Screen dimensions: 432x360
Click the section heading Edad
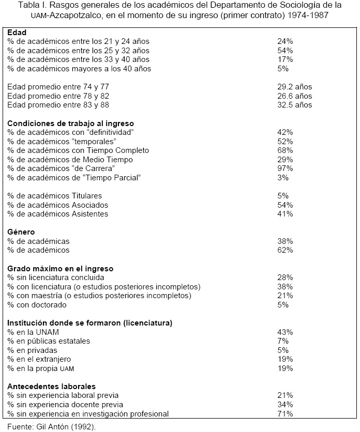pos(17,33)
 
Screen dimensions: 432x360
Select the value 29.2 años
pos(294,87)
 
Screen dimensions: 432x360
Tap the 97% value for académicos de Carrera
pos(285,168)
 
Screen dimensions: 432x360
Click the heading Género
pos(21,232)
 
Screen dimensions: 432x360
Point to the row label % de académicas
pos(38,241)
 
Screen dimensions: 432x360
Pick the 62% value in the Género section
pos(285,250)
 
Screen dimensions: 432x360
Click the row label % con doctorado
pos(37,305)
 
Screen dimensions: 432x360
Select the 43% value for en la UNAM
pos(285,332)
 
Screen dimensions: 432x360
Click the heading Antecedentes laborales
pos(51,386)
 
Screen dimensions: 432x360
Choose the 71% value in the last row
pos(285,413)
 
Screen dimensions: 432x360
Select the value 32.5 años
pos(294,105)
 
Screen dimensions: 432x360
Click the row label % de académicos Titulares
pos(54,196)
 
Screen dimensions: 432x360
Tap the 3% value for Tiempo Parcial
pos(282,178)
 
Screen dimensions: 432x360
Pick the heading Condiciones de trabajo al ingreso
pos(70,124)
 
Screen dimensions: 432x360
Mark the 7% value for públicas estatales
pos(282,341)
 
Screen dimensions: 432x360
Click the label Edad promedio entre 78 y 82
pos(58,96)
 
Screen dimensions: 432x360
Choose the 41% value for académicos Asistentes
pos(285,214)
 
